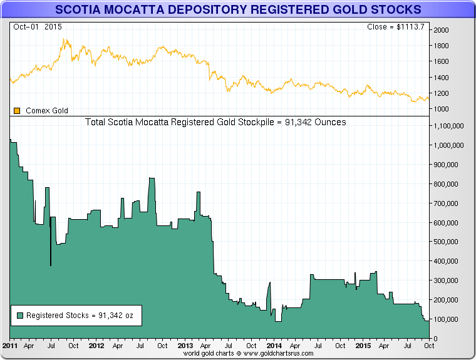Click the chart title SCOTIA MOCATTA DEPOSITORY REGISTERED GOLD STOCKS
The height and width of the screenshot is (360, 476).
238,10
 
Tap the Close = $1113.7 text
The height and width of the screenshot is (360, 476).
396,27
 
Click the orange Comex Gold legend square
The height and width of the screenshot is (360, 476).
18,111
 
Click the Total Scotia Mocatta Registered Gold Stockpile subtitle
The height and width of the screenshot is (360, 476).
215,122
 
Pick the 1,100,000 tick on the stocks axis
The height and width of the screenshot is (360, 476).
448,126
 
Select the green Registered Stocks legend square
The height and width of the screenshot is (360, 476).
21,316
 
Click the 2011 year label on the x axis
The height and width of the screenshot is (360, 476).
10,345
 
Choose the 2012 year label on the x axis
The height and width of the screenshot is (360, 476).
96,345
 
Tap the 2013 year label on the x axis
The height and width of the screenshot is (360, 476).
185,345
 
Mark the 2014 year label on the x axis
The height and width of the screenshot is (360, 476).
274,345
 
